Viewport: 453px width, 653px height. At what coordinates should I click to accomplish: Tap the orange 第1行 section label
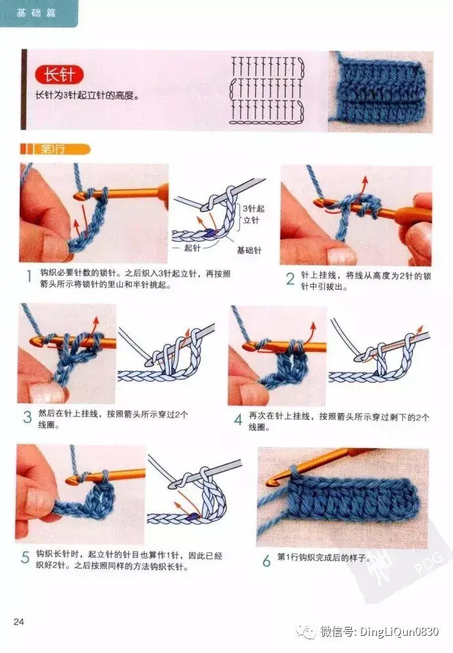pyautogui.click(x=56, y=149)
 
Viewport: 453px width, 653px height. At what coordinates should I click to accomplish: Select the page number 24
pyautogui.click(x=19, y=621)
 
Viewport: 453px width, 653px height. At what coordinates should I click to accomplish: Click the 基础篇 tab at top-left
pyautogui.click(x=36, y=13)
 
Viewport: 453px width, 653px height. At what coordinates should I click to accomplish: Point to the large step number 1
pyautogui.click(x=29, y=276)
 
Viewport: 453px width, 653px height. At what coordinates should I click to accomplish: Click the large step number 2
pyautogui.click(x=290, y=279)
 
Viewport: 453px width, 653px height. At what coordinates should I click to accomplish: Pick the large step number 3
pyautogui.click(x=28, y=417)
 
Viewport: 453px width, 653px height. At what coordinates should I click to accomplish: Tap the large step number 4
pyautogui.click(x=238, y=419)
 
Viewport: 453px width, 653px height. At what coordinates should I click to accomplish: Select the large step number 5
pyautogui.click(x=26, y=557)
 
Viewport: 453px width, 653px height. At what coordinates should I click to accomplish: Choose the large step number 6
pyautogui.click(x=267, y=560)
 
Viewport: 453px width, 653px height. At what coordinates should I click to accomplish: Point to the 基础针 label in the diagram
pyautogui.click(x=249, y=250)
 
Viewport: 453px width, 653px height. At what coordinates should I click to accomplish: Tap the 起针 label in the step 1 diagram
pyautogui.click(x=192, y=248)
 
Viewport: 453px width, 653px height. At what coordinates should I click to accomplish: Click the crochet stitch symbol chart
pyautogui.click(x=267, y=91)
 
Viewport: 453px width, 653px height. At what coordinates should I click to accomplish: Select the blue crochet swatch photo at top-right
pyautogui.click(x=381, y=91)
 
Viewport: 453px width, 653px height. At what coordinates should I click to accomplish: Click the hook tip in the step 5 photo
pyautogui.click(x=70, y=482)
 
